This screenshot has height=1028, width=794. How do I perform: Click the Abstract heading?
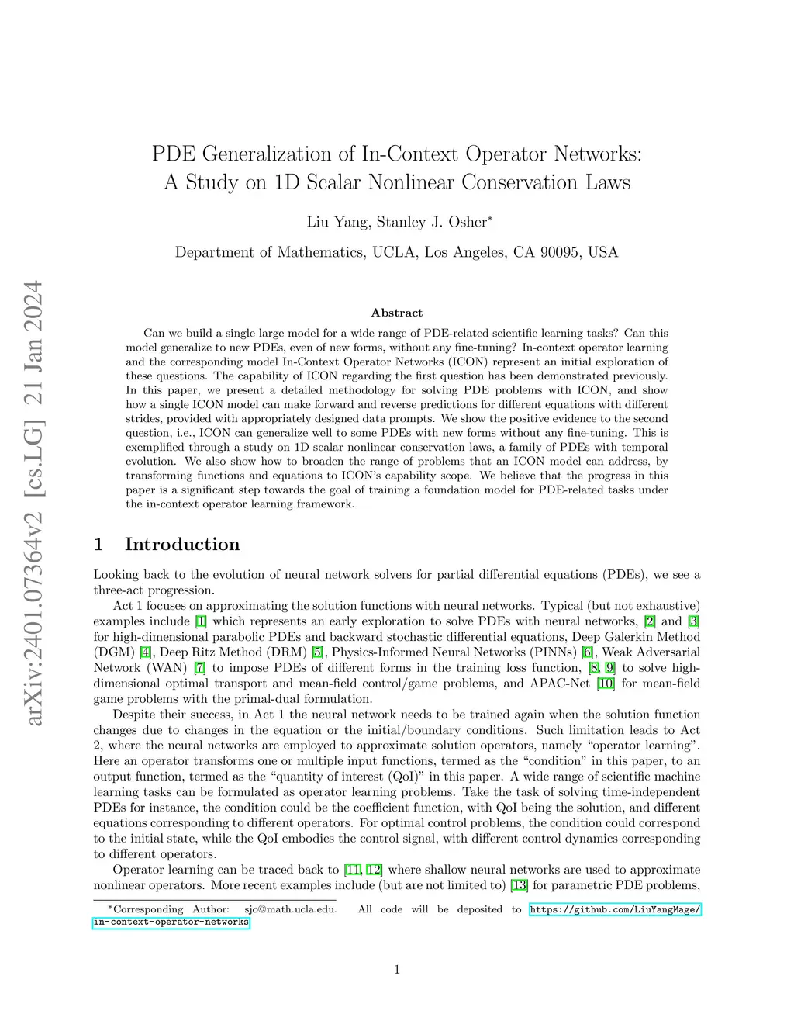tap(396, 313)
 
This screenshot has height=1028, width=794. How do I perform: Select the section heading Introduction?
tap(182, 544)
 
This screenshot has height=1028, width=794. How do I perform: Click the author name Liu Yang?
tap(337, 222)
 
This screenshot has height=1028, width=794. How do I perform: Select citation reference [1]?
tap(201, 621)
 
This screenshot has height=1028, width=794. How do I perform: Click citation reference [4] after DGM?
tap(146, 652)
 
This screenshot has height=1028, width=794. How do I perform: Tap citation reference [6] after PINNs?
tap(588, 652)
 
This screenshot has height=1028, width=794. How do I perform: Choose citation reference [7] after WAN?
tap(200, 668)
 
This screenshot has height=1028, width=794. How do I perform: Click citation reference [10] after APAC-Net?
tap(606, 684)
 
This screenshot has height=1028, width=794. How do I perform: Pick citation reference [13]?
tap(519, 885)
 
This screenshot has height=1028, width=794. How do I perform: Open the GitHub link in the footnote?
tap(615, 909)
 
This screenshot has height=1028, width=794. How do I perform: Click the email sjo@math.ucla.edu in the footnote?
tap(291, 909)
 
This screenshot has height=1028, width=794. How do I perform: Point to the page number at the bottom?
tap(397, 969)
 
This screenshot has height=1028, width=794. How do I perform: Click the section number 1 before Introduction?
tap(98, 544)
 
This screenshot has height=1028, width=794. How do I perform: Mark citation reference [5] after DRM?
tap(317, 652)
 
